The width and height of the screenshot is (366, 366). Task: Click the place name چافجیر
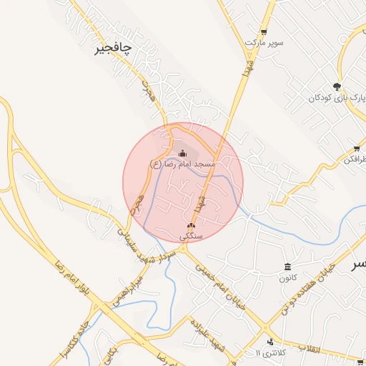(x=114, y=49)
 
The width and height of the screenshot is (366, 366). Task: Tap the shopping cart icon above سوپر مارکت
(x=264, y=32)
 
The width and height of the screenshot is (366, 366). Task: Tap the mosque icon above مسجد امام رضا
(x=182, y=153)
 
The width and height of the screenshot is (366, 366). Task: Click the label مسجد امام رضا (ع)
(x=182, y=164)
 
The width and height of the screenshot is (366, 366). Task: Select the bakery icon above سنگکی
(x=191, y=225)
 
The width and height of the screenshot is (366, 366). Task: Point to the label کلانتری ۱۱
(x=269, y=352)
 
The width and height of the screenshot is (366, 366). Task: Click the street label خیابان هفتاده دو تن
(x=307, y=290)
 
